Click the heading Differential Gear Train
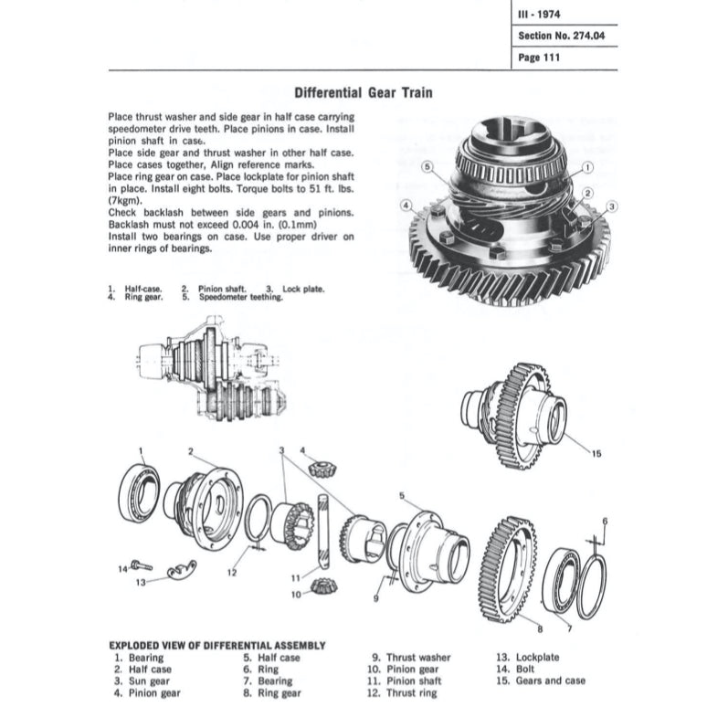click(364, 92)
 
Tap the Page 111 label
click(539, 58)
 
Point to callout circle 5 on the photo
click(427, 166)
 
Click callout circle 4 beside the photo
click(406, 206)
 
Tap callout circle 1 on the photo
click(586, 167)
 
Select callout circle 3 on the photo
click(612, 206)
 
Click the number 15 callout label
click(596, 453)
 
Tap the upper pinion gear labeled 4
click(321, 468)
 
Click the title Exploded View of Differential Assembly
click(216, 644)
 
